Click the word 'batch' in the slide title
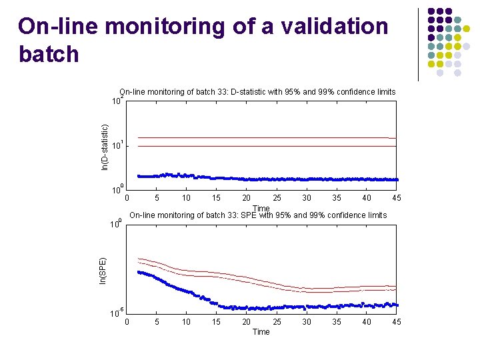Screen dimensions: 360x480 click(x=49, y=54)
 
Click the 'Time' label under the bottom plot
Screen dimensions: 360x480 click(x=261, y=332)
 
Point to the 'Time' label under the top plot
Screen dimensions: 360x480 click(x=261, y=209)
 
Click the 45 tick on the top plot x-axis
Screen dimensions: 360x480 click(x=396, y=198)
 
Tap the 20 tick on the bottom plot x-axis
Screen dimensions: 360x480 click(x=246, y=322)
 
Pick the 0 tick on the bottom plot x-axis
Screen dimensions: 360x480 click(x=127, y=322)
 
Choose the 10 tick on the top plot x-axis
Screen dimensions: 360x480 click(x=186, y=198)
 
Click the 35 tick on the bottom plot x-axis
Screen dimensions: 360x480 click(x=336, y=322)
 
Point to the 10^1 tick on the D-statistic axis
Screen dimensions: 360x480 click(x=115, y=145)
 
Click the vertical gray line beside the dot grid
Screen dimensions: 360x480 click(x=418, y=44)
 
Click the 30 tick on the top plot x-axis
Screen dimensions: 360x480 click(x=306, y=198)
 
